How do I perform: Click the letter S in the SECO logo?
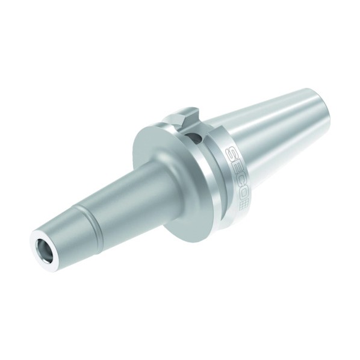click(x=232, y=154)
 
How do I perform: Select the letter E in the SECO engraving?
click(x=235, y=169)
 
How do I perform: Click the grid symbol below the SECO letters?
click(x=243, y=206)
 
